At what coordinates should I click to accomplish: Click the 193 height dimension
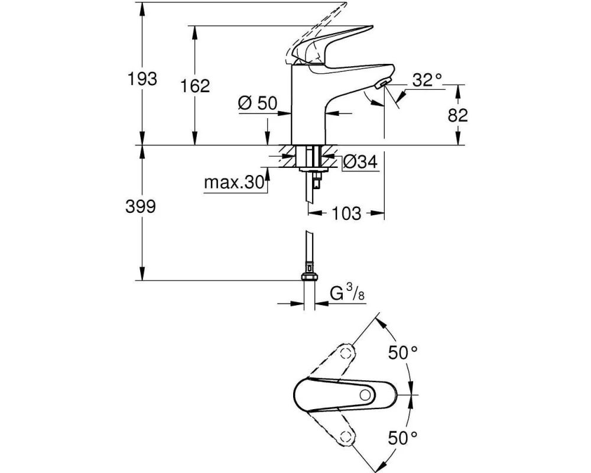pos(144,78)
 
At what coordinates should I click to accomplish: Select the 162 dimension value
pos(196,86)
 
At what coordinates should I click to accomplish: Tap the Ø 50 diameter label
pos(258,103)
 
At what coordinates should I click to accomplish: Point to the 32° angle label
pos(428,80)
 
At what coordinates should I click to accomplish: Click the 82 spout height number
pos(457,115)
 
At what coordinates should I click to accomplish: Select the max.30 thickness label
pos(233,183)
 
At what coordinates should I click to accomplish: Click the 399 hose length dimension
pos(142,206)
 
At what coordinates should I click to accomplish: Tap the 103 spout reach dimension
pos(346,213)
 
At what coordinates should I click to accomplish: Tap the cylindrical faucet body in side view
pos(309,106)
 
